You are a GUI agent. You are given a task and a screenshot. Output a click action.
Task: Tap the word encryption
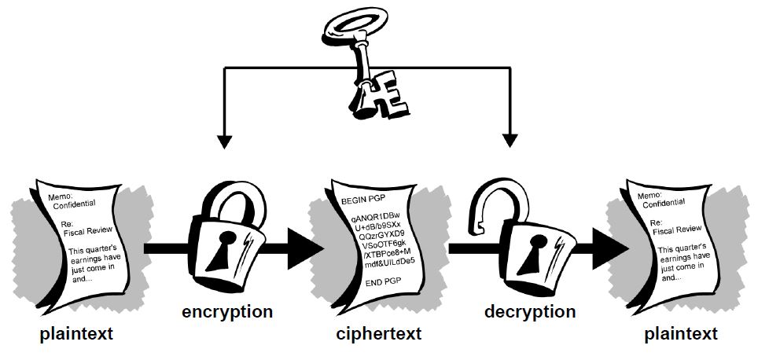pyautogui.click(x=227, y=312)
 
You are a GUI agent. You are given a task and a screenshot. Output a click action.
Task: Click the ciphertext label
pyautogui.click(x=378, y=334)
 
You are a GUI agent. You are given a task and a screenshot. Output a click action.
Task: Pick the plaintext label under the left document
pyautogui.click(x=77, y=334)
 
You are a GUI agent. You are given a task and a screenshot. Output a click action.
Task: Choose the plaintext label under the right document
pyautogui.click(x=681, y=334)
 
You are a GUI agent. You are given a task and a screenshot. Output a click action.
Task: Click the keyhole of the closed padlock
pyautogui.click(x=226, y=245)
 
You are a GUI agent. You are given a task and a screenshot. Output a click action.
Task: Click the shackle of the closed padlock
pyautogui.click(x=231, y=199)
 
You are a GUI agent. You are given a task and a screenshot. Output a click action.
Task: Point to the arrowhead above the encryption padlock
pyautogui.click(x=224, y=141)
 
